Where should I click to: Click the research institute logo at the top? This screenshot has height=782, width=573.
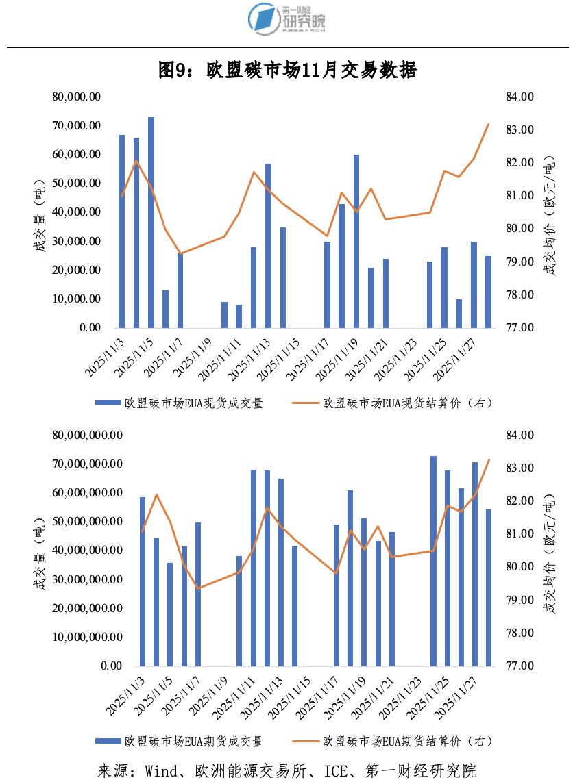(286, 18)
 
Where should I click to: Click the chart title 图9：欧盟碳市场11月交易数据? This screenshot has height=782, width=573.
(287, 69)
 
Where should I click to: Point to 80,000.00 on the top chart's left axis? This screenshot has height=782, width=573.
(77, 97)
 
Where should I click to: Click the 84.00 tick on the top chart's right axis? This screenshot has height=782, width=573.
(520, 97)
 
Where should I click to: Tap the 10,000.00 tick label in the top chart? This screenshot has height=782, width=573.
(77, 299)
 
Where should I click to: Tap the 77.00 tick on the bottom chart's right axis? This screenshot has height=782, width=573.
(520, 666)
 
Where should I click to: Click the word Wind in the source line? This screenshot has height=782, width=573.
(160, 770)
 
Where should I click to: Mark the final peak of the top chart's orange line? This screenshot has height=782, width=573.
(488, 124)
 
